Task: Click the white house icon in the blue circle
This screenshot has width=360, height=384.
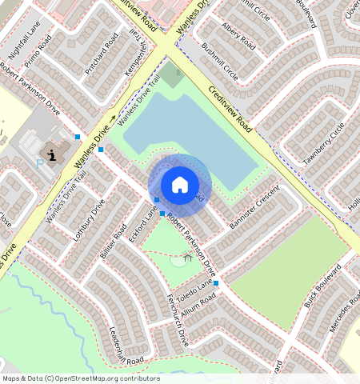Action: (180, 185)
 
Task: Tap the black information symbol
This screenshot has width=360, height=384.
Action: (52, 154)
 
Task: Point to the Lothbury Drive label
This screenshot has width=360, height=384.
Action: (89, 218)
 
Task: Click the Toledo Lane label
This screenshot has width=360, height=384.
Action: (195, 285)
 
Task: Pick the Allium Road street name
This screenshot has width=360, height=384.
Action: (198, 303)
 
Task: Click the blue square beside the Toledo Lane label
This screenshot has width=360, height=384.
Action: (216, 283)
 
